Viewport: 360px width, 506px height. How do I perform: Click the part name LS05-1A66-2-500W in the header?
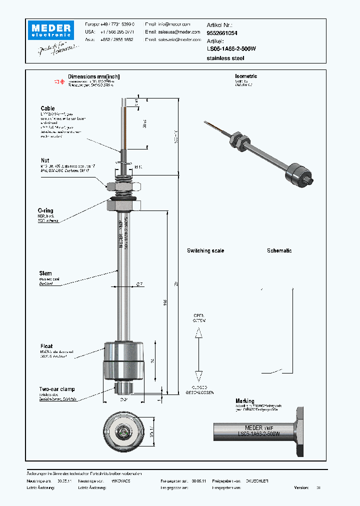click(x=231, y=49)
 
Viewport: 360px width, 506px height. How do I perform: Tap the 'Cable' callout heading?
click(x=48, y=108)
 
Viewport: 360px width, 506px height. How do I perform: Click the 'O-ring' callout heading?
click(x=46, y=210)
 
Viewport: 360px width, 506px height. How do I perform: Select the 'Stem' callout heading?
click(x=45, y=273)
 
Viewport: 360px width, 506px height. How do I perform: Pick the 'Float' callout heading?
click(x=46, y=346)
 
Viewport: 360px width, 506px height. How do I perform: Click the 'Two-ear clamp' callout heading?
click(x=57, y=389)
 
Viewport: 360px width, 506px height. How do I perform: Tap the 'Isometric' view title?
click(x=245, y=76)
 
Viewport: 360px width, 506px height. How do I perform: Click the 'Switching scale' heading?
click(x=205, y=250)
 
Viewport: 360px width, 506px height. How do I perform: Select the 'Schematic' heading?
click(x=279, y=250)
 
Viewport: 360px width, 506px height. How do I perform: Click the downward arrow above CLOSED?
click(x=198, y=377)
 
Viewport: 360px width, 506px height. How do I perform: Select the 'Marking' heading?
click(x=245, y=401)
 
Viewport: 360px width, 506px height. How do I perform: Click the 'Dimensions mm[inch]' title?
click(x=93, y=76)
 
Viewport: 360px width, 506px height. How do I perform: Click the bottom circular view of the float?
click(x=124, y=430)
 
